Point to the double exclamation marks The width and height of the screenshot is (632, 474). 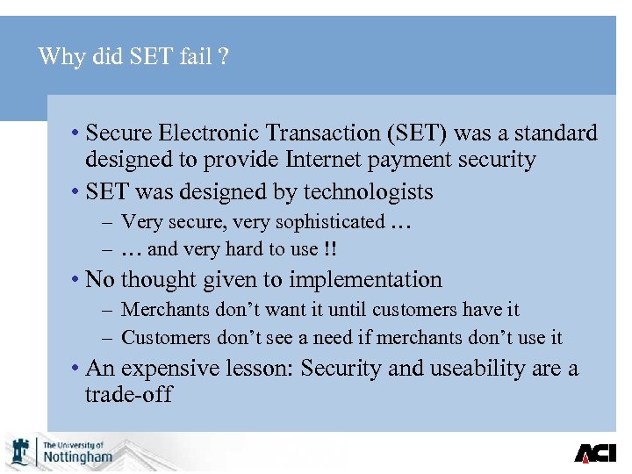click(x=330, y=249)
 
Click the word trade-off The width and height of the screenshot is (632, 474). click(x=128, y=394)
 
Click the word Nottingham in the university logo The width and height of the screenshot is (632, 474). click(x=78, y=456)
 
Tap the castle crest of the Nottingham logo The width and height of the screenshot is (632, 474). click(x=19, y=451)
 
